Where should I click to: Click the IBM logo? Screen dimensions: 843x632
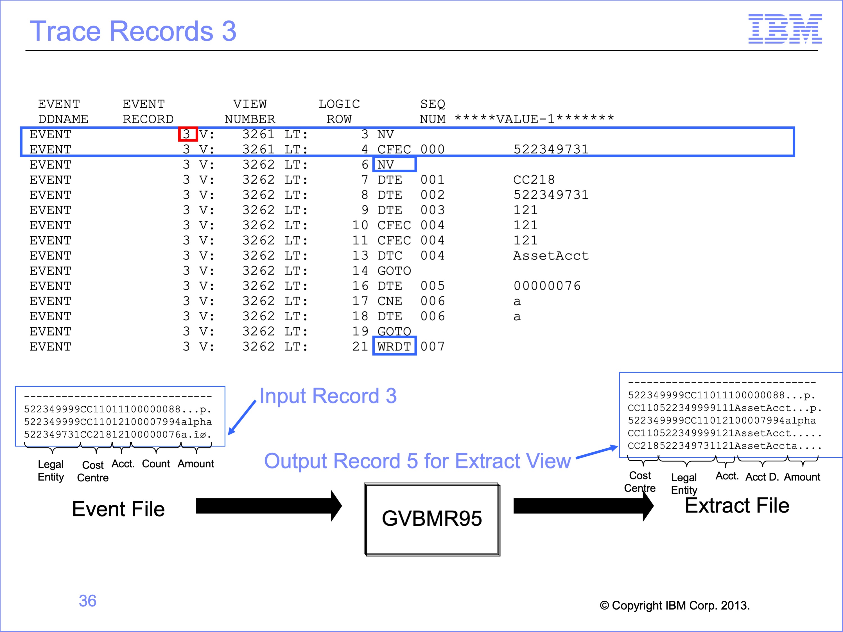tap(785, 29)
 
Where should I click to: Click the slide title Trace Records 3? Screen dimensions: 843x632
tap(133, 31)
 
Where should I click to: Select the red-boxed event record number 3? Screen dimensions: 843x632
tap(188, 134)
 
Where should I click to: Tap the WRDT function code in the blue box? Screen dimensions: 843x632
tap(394, 346)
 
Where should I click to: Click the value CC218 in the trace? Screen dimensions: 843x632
tap(534, 180)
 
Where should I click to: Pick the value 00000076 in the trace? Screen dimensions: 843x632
tap(547, 286)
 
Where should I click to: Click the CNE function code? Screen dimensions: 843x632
tap(390, 301)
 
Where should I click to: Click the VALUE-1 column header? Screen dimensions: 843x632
tap(534, 119)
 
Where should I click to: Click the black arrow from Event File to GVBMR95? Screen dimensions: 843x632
tap(269, 506)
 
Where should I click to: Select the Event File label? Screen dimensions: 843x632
tap(119, 509)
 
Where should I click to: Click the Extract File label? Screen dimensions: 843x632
tap(737, 506)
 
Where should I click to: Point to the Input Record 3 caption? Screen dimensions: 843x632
tap(328, 396)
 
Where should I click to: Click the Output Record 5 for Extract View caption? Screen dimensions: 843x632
tap(417, 461)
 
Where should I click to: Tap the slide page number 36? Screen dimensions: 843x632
tap(88, 601)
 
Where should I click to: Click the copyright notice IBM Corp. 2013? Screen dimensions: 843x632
tap(675, 605)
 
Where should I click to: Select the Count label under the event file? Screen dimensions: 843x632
tap(156, 464)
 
